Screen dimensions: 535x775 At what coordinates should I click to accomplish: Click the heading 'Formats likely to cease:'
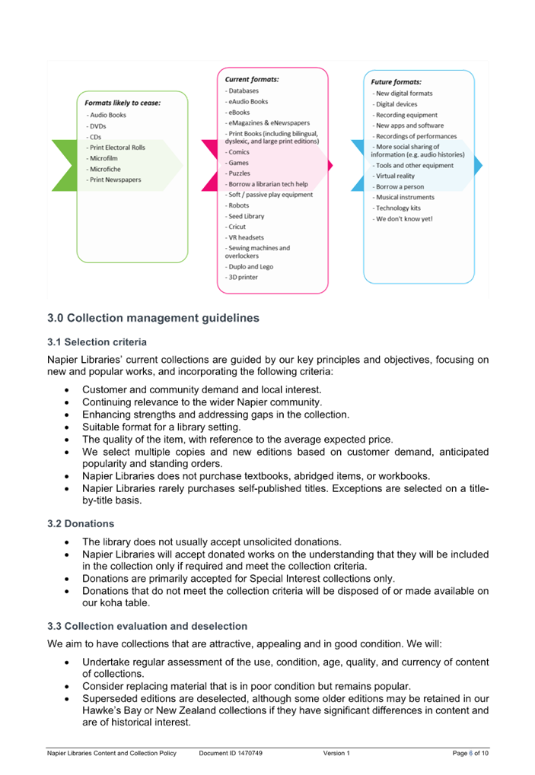[123, 103]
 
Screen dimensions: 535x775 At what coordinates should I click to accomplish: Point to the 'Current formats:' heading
[252, 79]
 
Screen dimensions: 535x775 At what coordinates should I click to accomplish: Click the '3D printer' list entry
[241, 278]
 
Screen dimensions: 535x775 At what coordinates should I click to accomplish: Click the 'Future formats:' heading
[396, 82]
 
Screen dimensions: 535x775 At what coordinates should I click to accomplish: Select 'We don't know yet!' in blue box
[403, 219]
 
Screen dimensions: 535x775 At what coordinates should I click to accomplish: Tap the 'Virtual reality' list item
[393, 176]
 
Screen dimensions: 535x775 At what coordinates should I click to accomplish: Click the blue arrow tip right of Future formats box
[482, 165]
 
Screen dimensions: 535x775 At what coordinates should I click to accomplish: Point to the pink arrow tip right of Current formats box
[333, 165]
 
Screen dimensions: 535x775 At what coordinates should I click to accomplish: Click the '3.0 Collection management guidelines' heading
[153, 318]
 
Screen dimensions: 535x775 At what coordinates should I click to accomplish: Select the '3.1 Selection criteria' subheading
[97, 342]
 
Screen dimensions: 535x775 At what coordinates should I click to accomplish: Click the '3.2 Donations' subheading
[81, 523]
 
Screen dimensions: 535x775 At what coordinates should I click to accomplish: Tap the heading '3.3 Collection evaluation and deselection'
[148, 626]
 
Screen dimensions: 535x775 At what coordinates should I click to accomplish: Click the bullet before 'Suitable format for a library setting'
[67, 427]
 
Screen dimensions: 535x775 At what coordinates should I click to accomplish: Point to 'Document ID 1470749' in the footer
[231, 753]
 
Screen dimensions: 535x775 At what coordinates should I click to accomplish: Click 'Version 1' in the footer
[336, 753]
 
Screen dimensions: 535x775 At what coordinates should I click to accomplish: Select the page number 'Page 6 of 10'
[470, 753]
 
